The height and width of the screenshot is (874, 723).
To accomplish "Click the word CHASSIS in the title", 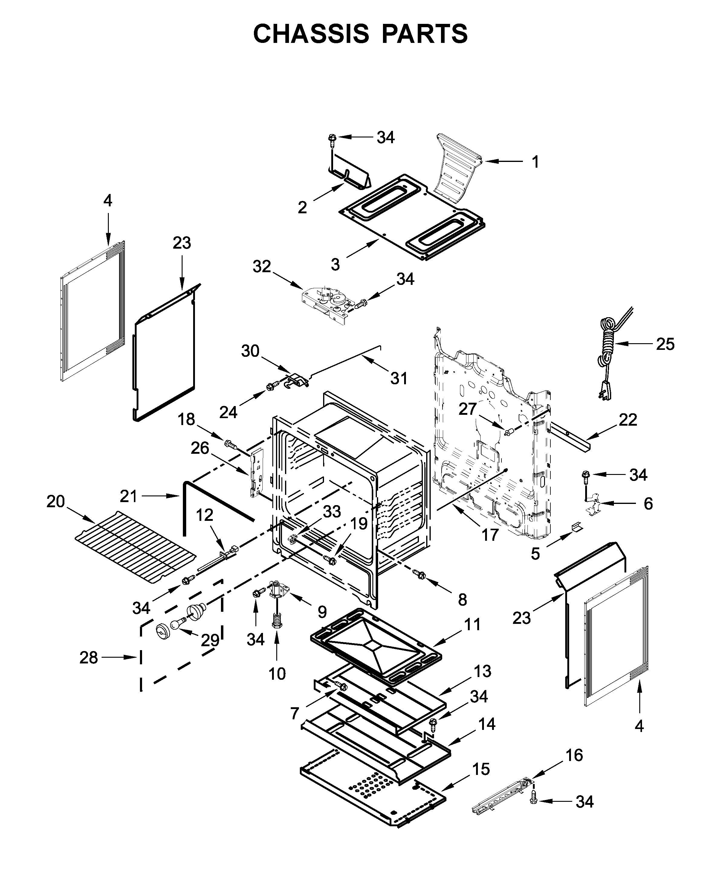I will click(x=311, y=34).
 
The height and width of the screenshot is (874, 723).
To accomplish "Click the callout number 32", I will click(x=261, y=267).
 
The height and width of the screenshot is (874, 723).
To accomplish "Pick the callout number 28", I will click(x=88, y=658).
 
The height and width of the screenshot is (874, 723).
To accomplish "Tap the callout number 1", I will click(x=536, y=162).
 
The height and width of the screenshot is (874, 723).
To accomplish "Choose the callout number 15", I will click(x=481, y=770).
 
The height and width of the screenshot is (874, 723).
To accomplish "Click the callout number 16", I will click(x=574, y=755).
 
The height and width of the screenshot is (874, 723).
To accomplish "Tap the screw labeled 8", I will click(x=419, y=575).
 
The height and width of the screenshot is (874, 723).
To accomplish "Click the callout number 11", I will click(x=472, y=636).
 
